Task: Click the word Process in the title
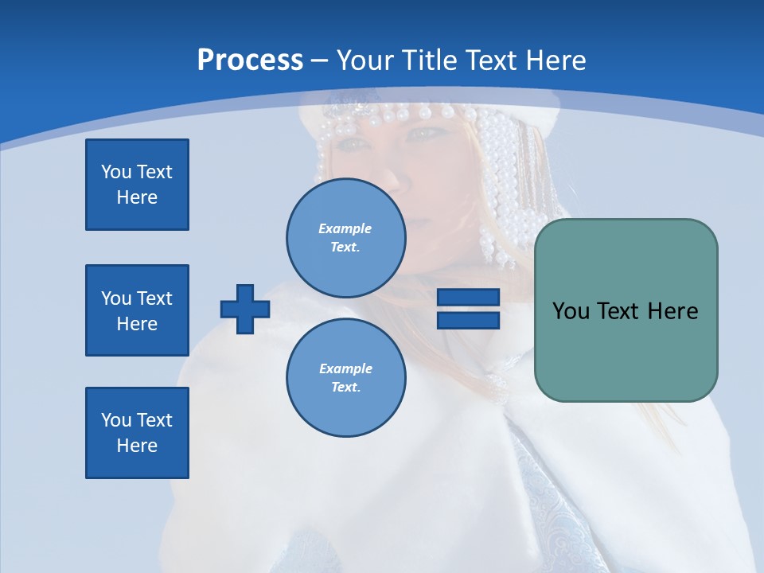[250, 60]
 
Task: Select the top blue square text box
[137, 185]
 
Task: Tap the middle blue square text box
[137, 310]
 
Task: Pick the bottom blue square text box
[137, 433]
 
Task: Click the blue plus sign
[245, 309]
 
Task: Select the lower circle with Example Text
[345, 377]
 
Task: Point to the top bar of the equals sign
[468, 298]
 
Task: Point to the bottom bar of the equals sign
[468, 320]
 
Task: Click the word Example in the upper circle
[345, 228]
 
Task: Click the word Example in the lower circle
[345, 368]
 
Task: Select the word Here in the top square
[137, 197]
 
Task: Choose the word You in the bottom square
[115, 420]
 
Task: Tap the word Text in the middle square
[154, 298]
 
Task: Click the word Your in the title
[364, 60]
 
